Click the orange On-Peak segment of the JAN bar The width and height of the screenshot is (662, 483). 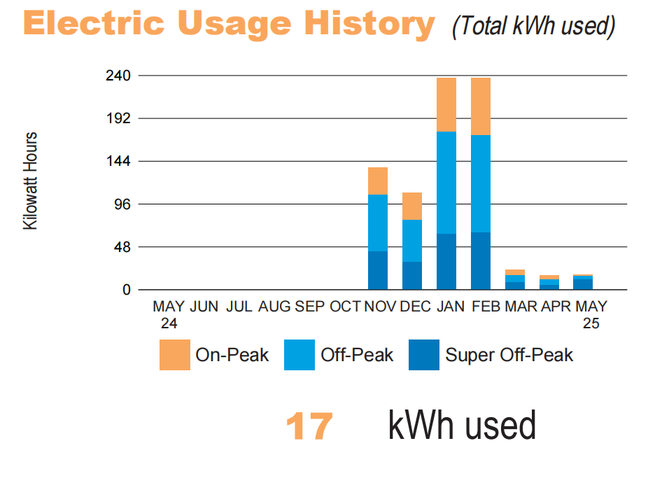(x=446, y=104)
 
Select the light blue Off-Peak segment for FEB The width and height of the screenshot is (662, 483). (x=481, y=183)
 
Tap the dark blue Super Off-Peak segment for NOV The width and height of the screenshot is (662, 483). (x=378, y=270)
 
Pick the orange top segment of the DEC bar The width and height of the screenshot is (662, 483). (x=412, y=206)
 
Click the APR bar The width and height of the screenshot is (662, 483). (x=549, y=282)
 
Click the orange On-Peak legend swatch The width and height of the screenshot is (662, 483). (x=174, y=355)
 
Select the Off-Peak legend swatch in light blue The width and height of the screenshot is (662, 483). (x=299, y=355)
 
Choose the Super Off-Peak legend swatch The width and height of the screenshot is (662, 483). (x=423, y=355)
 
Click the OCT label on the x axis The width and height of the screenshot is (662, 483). (x=345, y=307)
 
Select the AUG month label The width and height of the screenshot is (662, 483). (x=274, y=307)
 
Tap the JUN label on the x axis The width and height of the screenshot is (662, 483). (x=204, y=307)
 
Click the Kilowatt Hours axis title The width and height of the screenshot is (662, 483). (x=31, y=181)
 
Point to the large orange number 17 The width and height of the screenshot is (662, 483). (x=309, y=426)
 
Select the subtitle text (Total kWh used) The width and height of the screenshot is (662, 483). (x=533, y=26)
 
